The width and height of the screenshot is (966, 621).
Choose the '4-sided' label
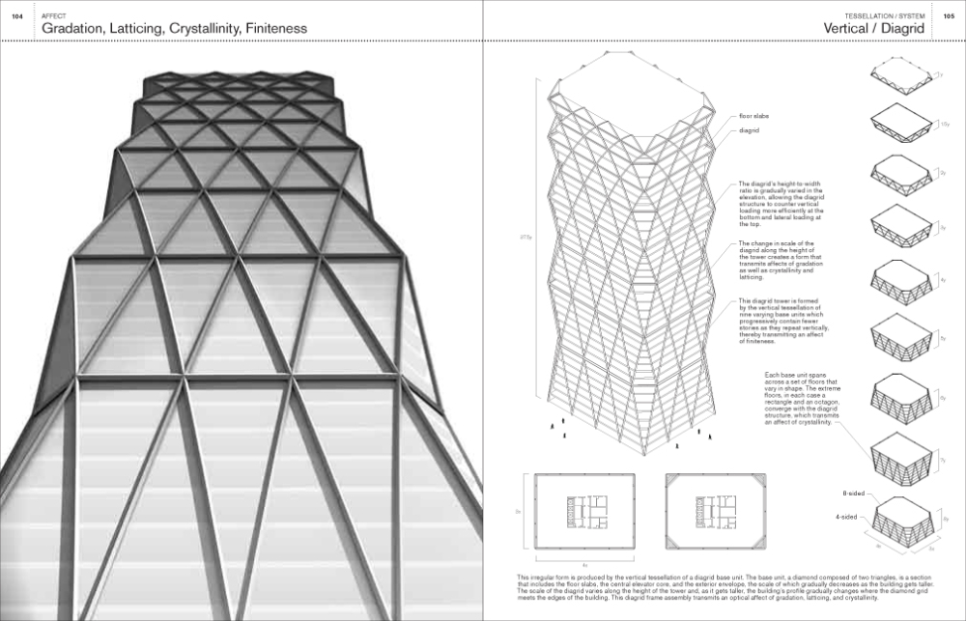(846, 517)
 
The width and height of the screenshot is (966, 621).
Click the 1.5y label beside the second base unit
(944, 125)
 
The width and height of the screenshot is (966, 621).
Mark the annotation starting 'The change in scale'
(776, 261)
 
